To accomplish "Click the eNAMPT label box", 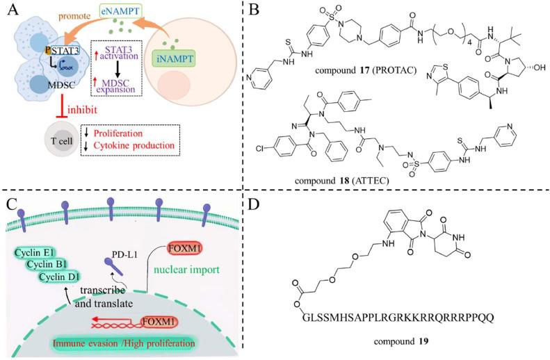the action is coord(121,11).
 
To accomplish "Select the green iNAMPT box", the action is coord(174,58).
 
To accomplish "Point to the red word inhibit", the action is coord(82,110).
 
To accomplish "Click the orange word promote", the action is coord(74,16).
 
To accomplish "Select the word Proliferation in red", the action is coord(118,133).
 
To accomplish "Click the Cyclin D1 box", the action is coord(59,277).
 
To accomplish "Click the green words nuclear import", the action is coord(186,270).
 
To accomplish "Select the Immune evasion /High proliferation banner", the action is coord(124,343).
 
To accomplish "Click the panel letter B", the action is coord(254,10).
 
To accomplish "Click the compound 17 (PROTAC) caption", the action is coord(366,70).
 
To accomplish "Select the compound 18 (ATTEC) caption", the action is coord(342,181).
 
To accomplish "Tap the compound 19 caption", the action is coord(401,341).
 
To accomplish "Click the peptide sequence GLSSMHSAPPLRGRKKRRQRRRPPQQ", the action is coord(398,318).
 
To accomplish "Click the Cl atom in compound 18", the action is coord(259,149).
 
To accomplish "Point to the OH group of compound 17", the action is coord(540,67).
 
